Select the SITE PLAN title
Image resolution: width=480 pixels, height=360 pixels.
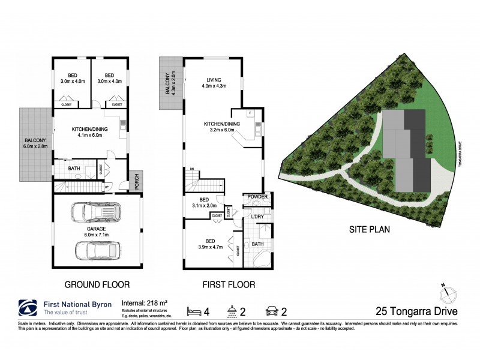pos(367,229)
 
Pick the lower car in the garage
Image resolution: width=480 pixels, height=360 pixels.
pos(98,248)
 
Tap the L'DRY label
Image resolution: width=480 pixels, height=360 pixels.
pos(258,216)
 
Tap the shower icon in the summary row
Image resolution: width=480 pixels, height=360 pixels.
pos(231,311)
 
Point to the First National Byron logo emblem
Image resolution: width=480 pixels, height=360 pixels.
pos(28,308)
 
